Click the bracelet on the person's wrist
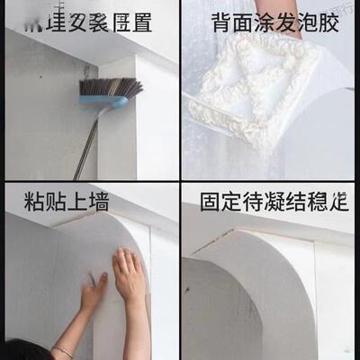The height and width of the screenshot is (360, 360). pyautogui.click(x=62, y=350)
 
